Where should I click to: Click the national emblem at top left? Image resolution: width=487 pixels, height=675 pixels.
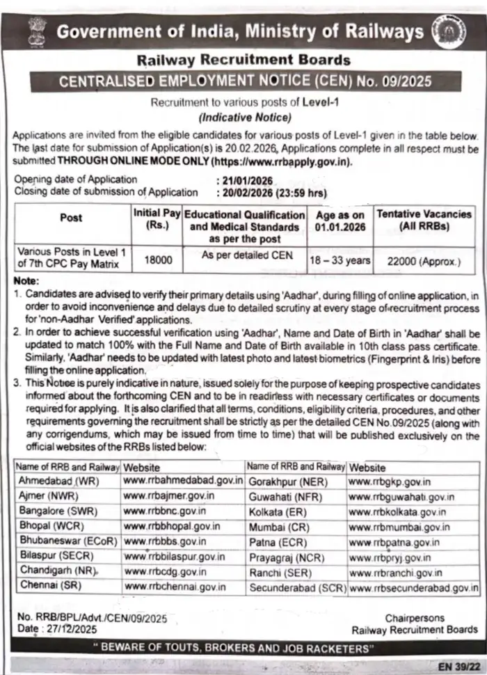click(35, 31)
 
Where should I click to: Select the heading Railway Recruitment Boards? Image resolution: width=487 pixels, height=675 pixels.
click(243, 61)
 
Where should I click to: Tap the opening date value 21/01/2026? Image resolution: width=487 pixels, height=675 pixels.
click(245, 179)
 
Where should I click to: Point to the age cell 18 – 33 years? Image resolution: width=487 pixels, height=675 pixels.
click(340, 261)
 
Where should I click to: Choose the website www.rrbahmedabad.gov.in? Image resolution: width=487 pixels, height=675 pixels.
click(183, 480)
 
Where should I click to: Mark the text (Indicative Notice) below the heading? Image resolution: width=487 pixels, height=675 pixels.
click(243, 117)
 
